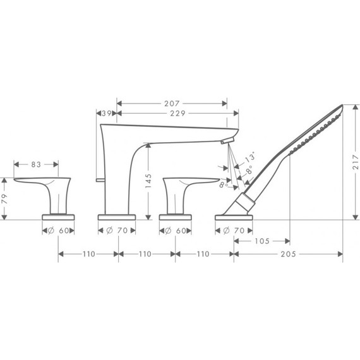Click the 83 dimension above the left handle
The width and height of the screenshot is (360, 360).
(x=37, y=165)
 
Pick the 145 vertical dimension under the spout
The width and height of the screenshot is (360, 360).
(x=148, y=182)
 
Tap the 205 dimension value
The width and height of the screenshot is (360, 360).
(x=289, y=255)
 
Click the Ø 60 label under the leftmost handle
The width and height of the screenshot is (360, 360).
(x=59, y=231)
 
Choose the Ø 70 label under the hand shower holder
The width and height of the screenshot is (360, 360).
(x=234, y=231)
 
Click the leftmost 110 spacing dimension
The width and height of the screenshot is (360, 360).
(x=88, y=255)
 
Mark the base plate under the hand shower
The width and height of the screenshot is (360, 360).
(x=235, y=217)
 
